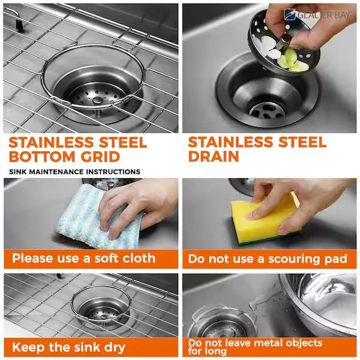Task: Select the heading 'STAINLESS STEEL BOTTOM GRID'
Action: [78, 151]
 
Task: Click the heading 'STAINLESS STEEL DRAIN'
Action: [257, 150]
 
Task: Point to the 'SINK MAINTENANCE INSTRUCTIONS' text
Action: [75, 172]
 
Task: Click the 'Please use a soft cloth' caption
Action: [84, 259]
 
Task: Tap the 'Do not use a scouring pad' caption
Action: [268, 259]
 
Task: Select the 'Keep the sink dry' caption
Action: [69, 347]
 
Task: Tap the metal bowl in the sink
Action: [321, 303]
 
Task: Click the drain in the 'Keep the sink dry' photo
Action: [99, 312]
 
